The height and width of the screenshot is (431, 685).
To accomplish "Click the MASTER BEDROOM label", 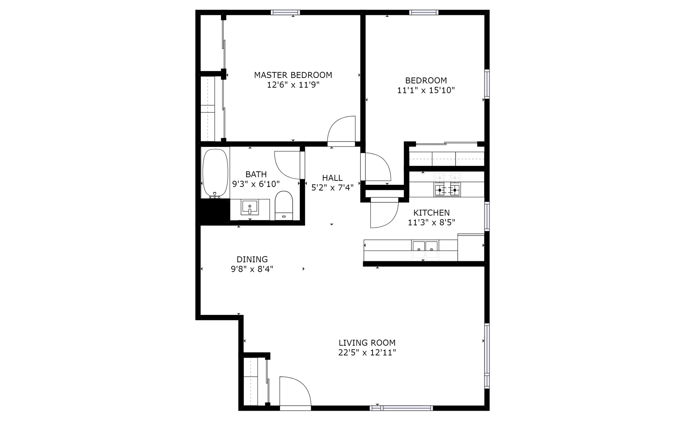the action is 293,75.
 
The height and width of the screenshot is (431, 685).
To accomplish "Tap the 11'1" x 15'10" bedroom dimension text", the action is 426,90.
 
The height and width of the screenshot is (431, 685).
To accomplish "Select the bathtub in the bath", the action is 215,173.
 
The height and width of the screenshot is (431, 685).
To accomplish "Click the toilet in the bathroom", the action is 284,205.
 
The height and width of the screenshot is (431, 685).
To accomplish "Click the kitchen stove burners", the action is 447,190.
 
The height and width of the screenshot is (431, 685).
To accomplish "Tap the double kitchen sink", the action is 425,247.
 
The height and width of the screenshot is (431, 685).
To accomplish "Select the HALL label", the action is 332,178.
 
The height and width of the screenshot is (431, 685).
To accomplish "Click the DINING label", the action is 252,259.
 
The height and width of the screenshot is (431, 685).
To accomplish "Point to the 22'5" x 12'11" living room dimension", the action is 367,353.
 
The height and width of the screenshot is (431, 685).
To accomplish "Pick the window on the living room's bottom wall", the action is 401,408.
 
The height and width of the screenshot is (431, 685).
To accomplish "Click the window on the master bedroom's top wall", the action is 285,13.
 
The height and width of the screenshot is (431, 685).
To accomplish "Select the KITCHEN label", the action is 431,213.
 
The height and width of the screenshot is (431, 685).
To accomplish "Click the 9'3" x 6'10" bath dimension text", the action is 256,184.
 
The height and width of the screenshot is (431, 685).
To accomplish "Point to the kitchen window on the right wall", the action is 487,216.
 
